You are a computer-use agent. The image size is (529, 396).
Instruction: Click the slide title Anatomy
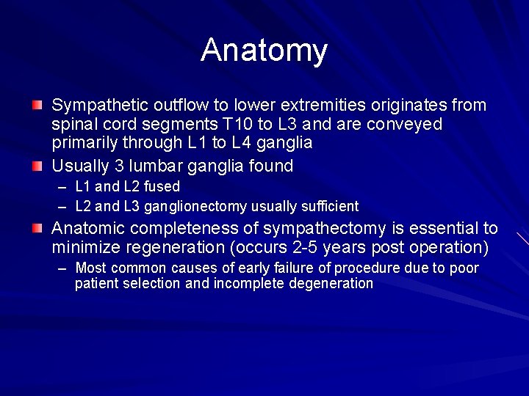(x=264, y=51)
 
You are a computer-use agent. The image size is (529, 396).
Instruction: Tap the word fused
(x=162, y=186)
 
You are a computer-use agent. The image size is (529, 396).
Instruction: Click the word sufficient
(x=325, y=206)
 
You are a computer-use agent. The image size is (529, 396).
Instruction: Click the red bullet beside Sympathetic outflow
(x=37, y=106)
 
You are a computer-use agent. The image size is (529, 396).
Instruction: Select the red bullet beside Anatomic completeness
(x=37, y=229)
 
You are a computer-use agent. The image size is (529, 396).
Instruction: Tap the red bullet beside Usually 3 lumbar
(x=37, y=166)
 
